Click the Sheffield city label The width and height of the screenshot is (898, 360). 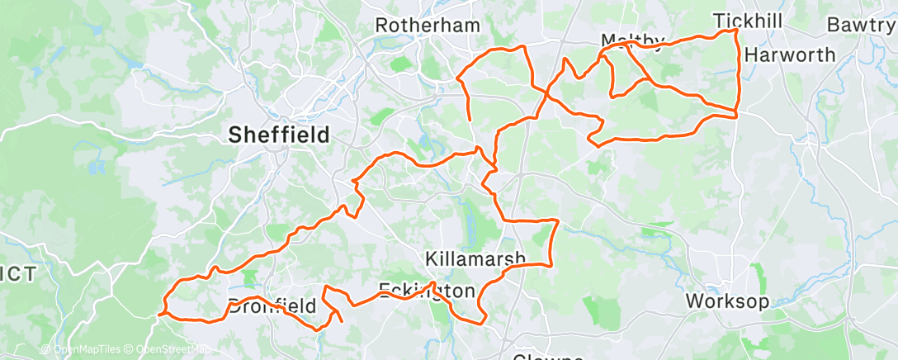(278, 134)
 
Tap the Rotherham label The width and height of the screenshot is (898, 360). (427, 26)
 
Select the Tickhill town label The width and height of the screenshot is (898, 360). (746, 21)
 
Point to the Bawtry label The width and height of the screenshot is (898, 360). (862, 25)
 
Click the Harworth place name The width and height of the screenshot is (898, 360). (789, 54)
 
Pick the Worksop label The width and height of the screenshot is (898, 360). (727, 301)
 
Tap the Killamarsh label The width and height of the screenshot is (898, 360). (474, 258)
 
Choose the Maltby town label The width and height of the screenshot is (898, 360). (632, 42)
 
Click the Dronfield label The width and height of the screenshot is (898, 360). (272, 306)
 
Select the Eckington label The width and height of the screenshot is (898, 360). (427, 291)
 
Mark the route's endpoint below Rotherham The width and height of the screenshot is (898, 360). (470, 121)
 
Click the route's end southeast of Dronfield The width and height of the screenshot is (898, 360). (342, 320)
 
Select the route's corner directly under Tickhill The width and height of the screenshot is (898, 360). (736, 31)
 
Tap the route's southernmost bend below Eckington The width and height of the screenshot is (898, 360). (477, 322)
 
